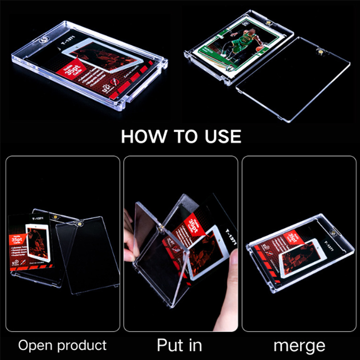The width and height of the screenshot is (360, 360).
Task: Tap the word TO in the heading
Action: click(184, 136)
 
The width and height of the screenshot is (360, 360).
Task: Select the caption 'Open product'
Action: click(62, 345)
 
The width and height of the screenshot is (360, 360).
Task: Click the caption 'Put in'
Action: click(180, 345)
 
